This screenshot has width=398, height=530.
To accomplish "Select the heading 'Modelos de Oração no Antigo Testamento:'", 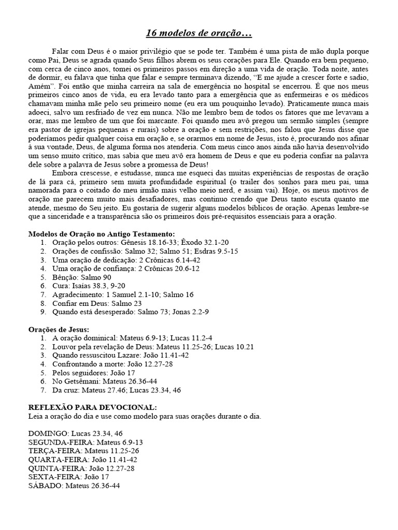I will (x=102, y=234).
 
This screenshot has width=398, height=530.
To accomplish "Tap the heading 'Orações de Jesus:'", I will (x=58, y=329).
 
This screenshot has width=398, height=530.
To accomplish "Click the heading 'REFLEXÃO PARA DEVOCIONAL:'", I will (x=92, y=407).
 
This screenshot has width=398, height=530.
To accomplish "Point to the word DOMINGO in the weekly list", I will (x=47, y=433).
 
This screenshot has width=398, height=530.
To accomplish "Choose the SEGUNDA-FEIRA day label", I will (x=59, y=442).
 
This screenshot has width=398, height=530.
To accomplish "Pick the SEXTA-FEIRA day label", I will (x=53, y=477).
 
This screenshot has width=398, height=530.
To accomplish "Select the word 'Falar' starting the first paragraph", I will (x=61, y=52).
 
